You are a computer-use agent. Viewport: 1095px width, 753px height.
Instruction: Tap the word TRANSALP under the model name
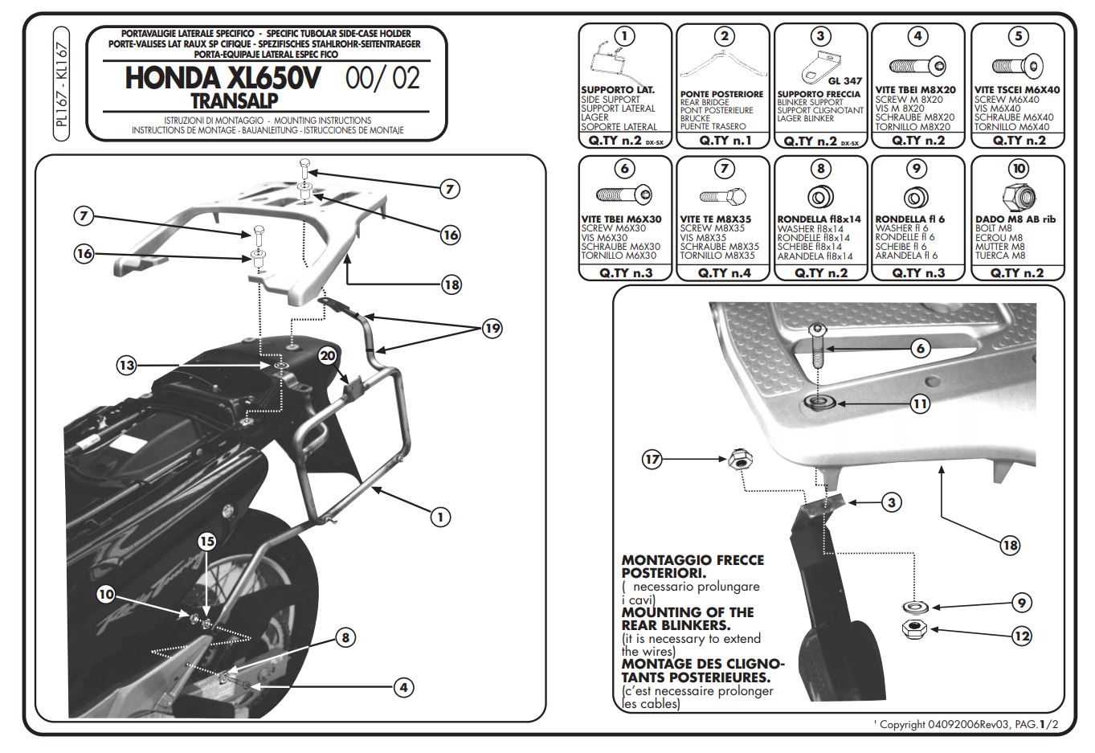(235, 100)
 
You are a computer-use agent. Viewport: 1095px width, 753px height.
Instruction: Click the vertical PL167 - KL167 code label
(63, 87)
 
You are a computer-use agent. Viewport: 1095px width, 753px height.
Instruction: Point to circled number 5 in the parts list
(1019, 35)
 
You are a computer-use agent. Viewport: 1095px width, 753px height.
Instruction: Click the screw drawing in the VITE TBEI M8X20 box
(917, 66)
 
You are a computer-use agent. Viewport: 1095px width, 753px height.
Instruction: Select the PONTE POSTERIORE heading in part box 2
(721, 94)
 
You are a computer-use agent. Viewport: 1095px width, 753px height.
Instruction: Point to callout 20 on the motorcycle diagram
(328, 356)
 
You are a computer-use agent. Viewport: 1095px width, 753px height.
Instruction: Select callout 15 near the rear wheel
(207, 541)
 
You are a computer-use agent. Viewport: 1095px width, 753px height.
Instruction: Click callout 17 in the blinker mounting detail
(652, 460)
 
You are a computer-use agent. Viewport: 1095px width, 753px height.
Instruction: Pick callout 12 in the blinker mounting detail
(1021, 636)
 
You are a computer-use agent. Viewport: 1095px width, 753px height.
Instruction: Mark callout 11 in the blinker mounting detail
(920, 403)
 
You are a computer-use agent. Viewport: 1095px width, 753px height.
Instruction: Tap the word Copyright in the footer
(902, 724)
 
